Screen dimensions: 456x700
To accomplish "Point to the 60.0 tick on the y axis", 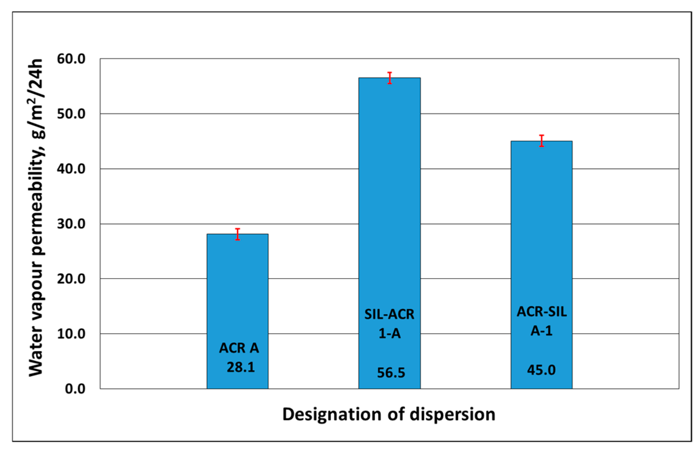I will tap(71, 59).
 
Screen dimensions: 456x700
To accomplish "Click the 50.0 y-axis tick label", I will tap(71, 114).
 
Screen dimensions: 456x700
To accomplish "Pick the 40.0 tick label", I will tap(71, 169).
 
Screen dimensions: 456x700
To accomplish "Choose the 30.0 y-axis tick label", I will tap(71, 224).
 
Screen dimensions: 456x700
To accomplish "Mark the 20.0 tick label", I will tap(71, 279).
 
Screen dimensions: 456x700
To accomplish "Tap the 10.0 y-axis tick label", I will tap(71, 334).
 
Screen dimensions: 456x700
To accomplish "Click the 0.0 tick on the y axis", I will tap(75, 389).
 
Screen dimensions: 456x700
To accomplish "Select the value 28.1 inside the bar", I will tap(241, 367).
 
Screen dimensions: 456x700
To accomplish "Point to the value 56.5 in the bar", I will tap(391, 373).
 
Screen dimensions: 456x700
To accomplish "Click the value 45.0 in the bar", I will tap(541, 370).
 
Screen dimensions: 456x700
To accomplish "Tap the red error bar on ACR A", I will tap(237, 234).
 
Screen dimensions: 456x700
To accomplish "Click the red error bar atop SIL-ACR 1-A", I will tap(389, 78).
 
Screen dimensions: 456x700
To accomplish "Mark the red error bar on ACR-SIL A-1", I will tap(542, 141).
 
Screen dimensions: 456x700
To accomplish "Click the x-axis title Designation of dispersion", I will tap(388, 414).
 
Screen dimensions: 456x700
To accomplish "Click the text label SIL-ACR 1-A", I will tap(389, 324).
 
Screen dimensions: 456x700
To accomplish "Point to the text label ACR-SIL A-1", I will tap(542, 321).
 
